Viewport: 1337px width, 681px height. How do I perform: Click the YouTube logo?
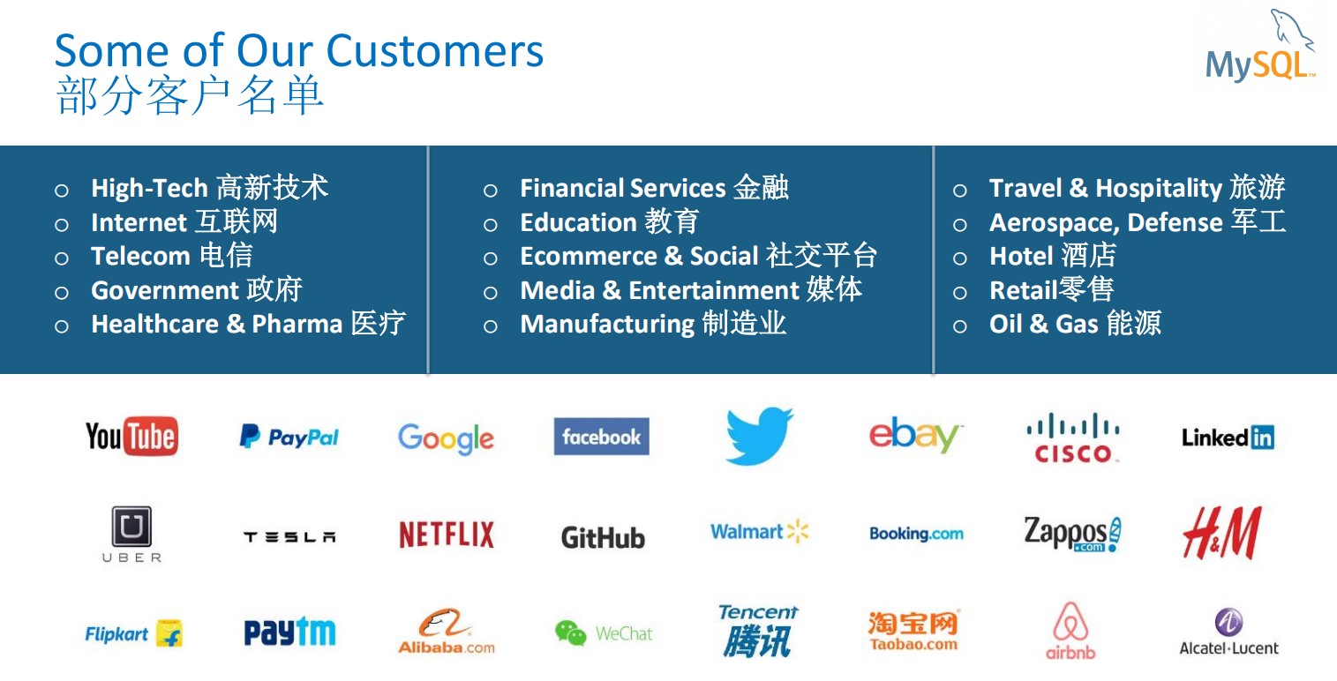coord(131,437)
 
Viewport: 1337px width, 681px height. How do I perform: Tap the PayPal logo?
coord(289,437)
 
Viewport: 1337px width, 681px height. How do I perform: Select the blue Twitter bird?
coord(759,436)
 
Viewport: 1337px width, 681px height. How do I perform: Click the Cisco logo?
coord(1072,438)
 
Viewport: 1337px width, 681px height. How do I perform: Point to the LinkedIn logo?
coord(1228,438)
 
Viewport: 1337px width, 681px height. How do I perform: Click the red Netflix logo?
coord(447,535)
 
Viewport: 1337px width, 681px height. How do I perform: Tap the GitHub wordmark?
coord(603,538)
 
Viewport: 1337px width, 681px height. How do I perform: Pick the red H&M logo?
coord(1222,533)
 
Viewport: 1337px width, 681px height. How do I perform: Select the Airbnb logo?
coord(1070,632)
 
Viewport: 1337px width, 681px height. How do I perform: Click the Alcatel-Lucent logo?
coord(1229,632)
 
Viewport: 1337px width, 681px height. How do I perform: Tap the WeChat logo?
coord(604,633)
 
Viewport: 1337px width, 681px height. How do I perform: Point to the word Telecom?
coord(140,256)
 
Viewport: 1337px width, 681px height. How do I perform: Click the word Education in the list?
coord(578,222)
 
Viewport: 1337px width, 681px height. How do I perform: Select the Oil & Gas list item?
coord(1075,324)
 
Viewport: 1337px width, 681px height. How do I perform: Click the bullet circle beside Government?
coord(62,293)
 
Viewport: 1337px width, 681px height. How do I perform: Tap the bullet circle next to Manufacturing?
coord(491,326)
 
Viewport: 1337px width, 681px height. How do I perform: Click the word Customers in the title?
coord(434,51)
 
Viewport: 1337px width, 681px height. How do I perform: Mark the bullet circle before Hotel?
coord(960,258)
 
